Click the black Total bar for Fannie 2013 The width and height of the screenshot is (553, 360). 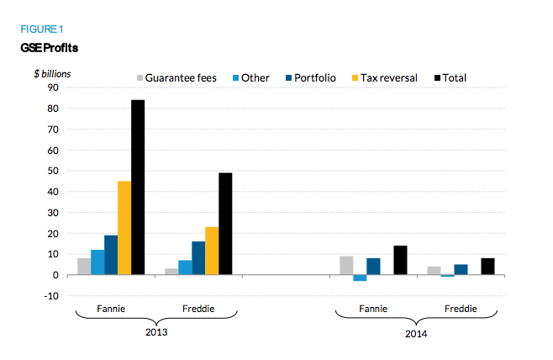(138, 187)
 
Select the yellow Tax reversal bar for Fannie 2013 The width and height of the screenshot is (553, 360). (124, 227)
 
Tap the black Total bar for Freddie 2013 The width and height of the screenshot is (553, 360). (225, 223)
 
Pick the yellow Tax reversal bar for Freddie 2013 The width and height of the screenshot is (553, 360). (212, 251)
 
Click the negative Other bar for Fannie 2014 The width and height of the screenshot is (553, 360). (360, 278)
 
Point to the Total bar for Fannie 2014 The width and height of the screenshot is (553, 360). (400, 260)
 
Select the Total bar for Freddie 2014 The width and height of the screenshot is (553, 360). (487, 266)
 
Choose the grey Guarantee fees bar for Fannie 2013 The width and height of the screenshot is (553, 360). (84, 266)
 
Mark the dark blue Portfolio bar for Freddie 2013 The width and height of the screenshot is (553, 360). (198, 257)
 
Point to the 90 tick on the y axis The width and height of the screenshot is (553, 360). (51, 87)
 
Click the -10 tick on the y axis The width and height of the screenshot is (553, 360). (50, 295)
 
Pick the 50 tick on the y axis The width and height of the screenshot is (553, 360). (51, 171)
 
